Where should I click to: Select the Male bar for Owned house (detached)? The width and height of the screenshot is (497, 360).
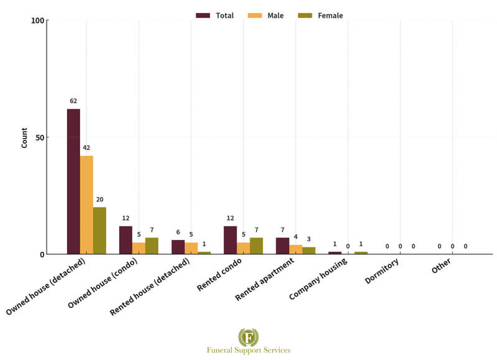click(86, 205)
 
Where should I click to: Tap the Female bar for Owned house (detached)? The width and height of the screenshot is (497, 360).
click(99, 230)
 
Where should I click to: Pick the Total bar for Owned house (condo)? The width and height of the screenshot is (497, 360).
click(125, 240)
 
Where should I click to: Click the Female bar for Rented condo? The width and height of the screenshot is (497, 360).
click(256, 246)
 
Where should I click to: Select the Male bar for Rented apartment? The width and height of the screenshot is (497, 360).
click(295, 249)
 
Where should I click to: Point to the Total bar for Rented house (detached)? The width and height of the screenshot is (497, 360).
click(178, 247)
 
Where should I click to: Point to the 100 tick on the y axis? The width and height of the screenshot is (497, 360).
click(37, 21)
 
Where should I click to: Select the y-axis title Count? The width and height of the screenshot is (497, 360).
click(24, 137)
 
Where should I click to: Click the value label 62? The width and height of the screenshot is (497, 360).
click(73, 101)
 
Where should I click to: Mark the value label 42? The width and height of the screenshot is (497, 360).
click(86, 147)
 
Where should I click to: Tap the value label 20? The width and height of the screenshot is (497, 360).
click(99, 199)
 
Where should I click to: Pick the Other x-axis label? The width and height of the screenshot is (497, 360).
click(441, 265)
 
